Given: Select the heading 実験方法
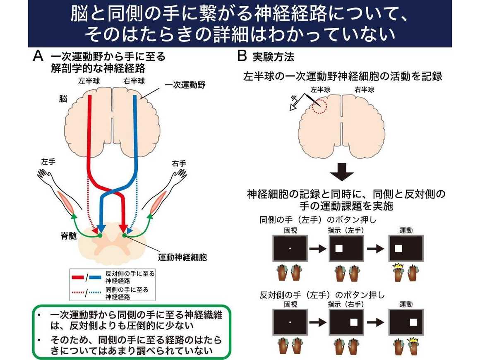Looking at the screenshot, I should point(274,57).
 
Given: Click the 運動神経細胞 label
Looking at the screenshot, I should point(182,257).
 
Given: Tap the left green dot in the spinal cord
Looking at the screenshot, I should point(99,236).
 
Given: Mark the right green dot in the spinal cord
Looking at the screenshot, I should point(124,236).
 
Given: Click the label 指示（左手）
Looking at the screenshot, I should point(346,230).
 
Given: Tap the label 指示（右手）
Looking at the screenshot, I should point(346,304).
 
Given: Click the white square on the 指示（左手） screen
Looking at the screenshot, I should point(339,249).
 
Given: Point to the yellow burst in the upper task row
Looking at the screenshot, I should point(398,266).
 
